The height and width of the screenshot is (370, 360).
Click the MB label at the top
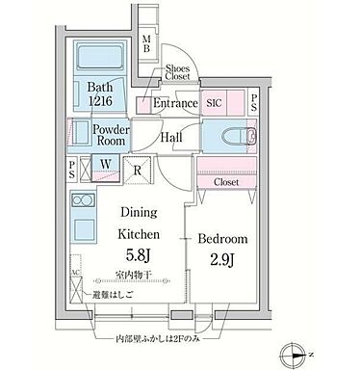pyautogui.click(x=146, y=43)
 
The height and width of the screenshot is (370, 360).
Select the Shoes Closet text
pyautogui.click(x=177, y=74)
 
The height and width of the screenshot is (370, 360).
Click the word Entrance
pyautogui.click(x=176, y=103)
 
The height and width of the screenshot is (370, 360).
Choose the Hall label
pyautogui.click(x=173, y=138)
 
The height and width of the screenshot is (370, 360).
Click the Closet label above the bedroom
pyautogui.click(x=227, y=180)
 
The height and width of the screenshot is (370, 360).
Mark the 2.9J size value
pyautogui.click(x=225, y=257)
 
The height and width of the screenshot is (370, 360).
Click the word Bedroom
pyautogui.click(x=225, y=237)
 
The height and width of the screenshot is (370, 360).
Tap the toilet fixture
pyautogui.click(x=225, y=135)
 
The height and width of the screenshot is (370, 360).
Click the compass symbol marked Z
pyautogui.click(x=299, y=354)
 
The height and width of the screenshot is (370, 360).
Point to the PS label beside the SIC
pyautogui.click(x=253, y=102)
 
